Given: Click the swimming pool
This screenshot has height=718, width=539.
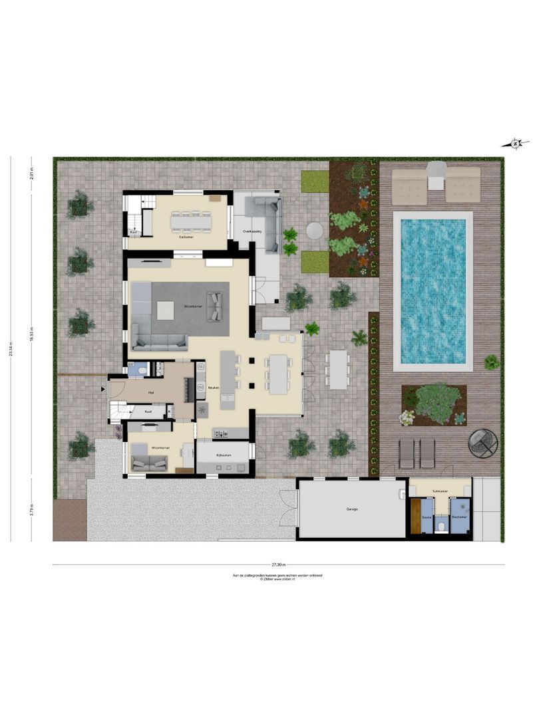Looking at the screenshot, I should (433, 291).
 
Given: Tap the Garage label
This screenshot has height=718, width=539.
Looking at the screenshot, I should (352, 509).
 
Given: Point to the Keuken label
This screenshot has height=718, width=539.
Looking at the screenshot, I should (214, 387).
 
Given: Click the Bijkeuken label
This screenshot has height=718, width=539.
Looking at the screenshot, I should (223, 455).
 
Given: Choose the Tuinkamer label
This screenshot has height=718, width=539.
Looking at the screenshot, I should (439, 492).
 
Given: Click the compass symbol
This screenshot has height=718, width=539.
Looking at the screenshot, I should (516, 143).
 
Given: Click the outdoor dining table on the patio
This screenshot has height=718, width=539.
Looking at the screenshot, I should (338, 370).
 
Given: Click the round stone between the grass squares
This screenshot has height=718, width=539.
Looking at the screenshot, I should (315, 230).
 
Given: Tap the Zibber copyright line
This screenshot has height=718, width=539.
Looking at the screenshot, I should (277, 579).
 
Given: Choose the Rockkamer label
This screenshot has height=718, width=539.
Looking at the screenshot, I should (459, 516).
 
